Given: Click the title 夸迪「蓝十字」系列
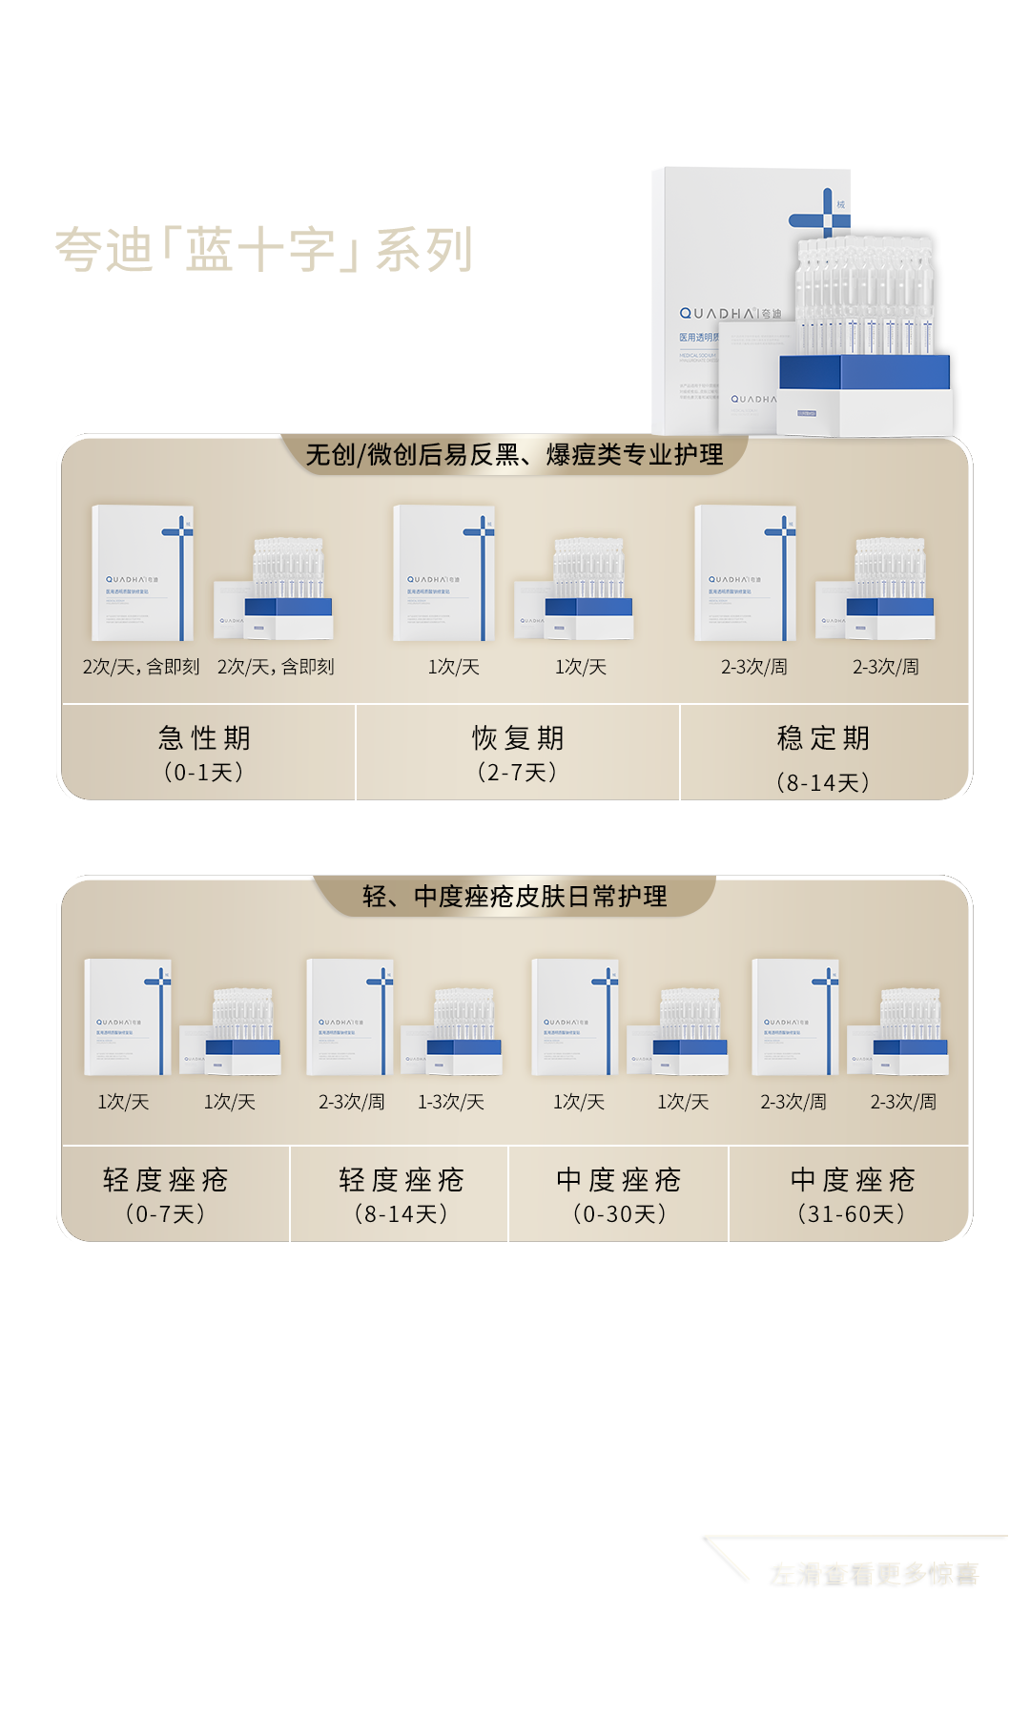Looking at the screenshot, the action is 262,250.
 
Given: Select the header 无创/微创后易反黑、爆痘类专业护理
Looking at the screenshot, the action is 514,455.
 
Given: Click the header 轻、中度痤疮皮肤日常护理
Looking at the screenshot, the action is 514,897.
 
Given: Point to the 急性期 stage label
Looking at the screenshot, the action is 204,738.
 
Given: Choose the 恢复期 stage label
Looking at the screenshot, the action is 518,738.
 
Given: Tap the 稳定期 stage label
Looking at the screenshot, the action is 823,738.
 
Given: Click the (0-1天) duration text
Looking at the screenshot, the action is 204,772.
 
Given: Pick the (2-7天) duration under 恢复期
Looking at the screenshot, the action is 517,772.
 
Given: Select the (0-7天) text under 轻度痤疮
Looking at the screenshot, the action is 165,1213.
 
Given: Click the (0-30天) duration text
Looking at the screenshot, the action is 619,1213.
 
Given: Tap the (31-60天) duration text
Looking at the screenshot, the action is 852,1213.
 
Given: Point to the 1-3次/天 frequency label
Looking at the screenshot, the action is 451,1103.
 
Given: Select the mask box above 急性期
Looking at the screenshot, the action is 143,573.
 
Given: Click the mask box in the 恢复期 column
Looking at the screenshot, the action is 444,573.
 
